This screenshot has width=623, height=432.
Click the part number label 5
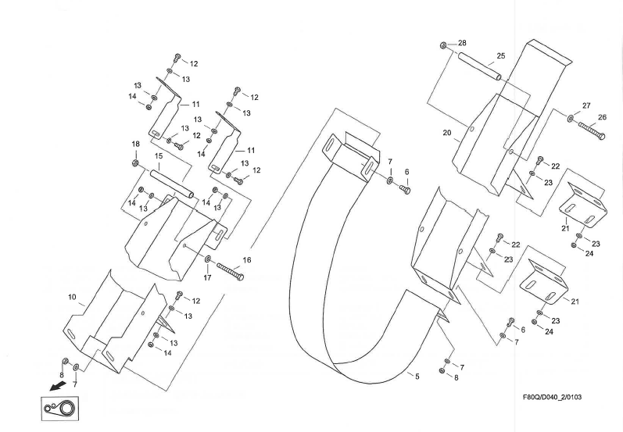[x=417, y=377]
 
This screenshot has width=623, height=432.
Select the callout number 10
[x=72, y=297]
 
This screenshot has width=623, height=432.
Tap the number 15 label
[x=158, y=156]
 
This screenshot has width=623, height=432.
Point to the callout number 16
[x=247, y=259]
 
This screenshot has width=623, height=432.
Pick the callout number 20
[x=447, y=133]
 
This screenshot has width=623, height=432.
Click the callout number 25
[x=501, y=56]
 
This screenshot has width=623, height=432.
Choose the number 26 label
[x=602, y=117]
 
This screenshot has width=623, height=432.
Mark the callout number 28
[x=462, y=41]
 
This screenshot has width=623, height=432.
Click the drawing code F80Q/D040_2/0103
[x=551, y=397]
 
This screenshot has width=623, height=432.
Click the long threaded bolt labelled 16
[x=227, y=271]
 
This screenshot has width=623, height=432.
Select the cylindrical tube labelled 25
[x=478, y=66]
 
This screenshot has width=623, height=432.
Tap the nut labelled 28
[x=443, y=45]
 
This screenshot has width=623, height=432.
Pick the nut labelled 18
[x=135, y=162]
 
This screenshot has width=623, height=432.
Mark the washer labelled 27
[x=571, y=119]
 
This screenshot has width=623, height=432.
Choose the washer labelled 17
[x=209, y=259]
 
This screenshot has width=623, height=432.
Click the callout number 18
[x=135, y=144]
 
